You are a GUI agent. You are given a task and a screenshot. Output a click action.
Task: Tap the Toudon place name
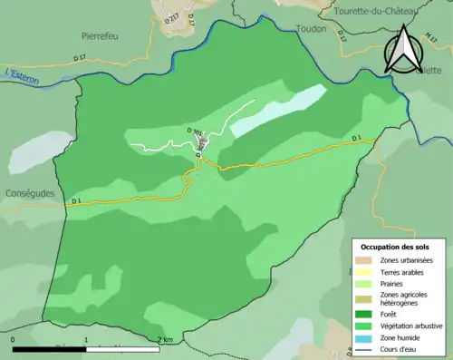[311, 29]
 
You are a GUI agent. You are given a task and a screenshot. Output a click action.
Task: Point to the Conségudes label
[28, 194]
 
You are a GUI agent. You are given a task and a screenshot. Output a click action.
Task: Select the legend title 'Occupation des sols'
[400, 247]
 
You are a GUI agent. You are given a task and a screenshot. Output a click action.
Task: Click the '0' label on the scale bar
[14, 340]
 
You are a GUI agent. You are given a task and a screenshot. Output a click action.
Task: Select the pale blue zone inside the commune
[278, 110]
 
